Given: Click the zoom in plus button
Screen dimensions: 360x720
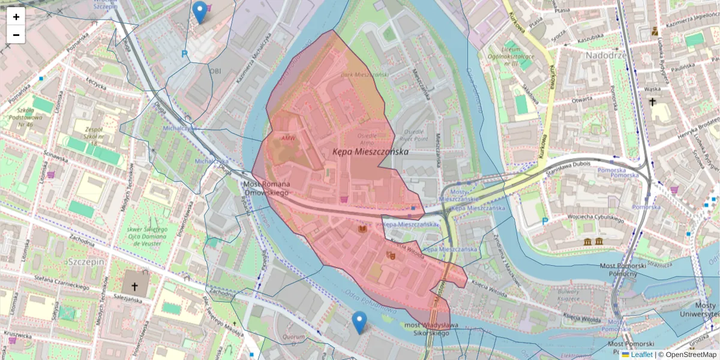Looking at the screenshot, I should (16, 17).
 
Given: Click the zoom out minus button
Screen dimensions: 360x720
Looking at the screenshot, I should (16, 35).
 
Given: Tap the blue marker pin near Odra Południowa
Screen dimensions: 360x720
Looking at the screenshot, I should (359, 322).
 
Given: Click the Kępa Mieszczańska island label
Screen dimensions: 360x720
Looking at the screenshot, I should (370, 152).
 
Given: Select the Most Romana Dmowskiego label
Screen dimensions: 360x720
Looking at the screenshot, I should (266, 188).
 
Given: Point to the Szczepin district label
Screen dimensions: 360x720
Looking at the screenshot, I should (86, 262).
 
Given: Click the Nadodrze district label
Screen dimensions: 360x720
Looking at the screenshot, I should (604, 55).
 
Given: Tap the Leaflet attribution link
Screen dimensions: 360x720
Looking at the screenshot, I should (641, 355).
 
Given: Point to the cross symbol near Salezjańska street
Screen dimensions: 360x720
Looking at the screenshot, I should (135, 287).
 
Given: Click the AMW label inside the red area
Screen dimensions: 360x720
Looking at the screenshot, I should (289, 139).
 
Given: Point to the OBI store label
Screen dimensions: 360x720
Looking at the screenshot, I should (215, 70).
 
